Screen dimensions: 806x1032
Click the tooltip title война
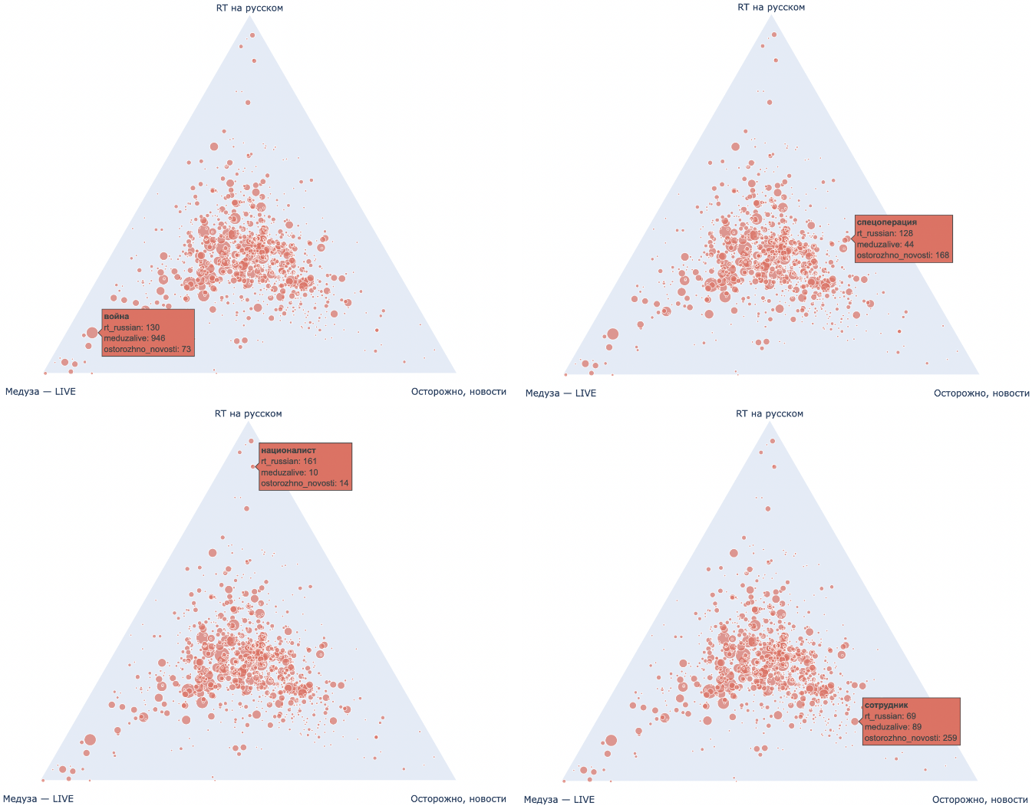(x=117, y=316)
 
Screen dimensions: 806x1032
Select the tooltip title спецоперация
(x=886, y=222)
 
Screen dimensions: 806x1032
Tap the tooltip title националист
(x=288, y=450)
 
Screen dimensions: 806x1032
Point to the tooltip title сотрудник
(x=886, y=705)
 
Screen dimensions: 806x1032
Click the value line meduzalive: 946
(x=134, y=338)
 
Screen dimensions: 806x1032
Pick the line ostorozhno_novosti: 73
(x=147, y=349)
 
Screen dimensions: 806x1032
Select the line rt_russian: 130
(x=131, y=327)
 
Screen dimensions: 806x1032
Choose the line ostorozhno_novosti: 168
(x=902, y=255)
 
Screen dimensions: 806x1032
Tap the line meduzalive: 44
(x=885, y=245)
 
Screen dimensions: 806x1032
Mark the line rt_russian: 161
(x=288, y=462)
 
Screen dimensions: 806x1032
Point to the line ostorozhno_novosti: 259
(x=910, y=739)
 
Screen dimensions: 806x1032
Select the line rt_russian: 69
(x=889, y=716)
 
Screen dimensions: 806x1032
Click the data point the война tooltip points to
(x=92, y=333)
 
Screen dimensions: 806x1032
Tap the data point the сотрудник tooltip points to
(x=855, y=722)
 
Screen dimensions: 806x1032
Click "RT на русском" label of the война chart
(x=249, y=8)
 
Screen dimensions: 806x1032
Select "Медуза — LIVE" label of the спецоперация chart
(x=560, y=393)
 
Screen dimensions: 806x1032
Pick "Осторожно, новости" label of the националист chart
(x=458, y=798)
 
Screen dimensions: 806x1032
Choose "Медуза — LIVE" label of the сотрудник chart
(x=559, y=799)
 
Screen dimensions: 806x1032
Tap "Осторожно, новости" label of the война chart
(x=459, y=392)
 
